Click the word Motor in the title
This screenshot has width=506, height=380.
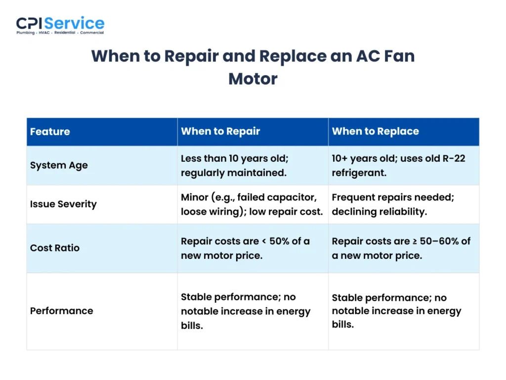pyautogui.click(x=253, y=79)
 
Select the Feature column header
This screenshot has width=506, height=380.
pyautogui.click(x=50, y=132)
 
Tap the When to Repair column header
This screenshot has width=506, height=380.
pyautogui.click(x=220, y=131)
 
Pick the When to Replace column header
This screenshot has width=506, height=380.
pyautogui.click(x=375, y=131)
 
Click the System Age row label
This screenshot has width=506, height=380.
pyautogui.click(x=59, y=165)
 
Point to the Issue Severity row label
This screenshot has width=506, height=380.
pyautogui.click(x=63, y=204)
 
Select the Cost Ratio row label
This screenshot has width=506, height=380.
pyautogui.click(x=55, y=248)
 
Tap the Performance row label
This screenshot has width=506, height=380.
pyautogui.click(x=61, y=311)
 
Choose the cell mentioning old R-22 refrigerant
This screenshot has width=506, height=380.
pyautogui.click(x=398, y=166)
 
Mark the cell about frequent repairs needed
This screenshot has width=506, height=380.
pyautogui.click(x=393, y=204)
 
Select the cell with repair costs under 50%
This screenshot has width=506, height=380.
pyautogui.click(x=245, y=248)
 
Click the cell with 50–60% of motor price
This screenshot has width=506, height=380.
pyautogui.click(x=401, y=248)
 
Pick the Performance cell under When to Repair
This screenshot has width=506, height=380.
pyautogui.click(x=246, y=311)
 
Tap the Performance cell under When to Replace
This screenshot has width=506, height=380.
pyautogui.click(x=396, y=311)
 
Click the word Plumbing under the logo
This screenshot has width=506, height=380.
pyautogui.click(x=25, y=33)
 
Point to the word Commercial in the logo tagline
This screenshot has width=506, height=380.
pyautogui.click(x=92, y=33)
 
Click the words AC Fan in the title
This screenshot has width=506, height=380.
pyautogui.click(x=385, y=56)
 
